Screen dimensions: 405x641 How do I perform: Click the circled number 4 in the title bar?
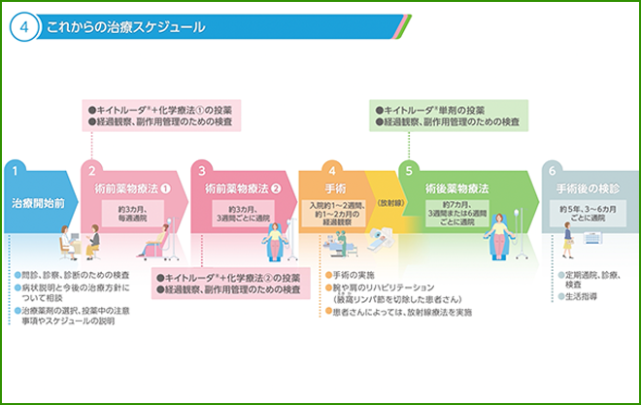point(23,26)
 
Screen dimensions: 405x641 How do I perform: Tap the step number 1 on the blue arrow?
point(16,170)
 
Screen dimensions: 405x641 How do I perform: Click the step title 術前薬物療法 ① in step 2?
point(131,187)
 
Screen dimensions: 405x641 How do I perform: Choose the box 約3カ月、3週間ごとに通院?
point(244,213)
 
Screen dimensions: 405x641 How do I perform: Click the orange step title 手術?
point(333,187)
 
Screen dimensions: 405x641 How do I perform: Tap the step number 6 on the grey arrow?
point(553,170)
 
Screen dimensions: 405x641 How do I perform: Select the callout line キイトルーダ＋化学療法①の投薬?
point(165,110)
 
